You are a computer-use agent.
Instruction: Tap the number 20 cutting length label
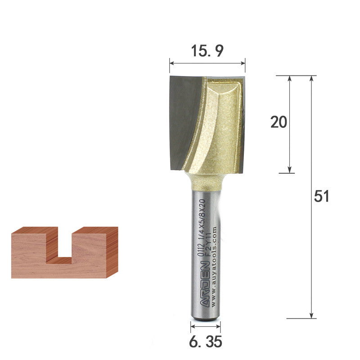coord(279,122)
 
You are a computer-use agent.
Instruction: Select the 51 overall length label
coord(322,196)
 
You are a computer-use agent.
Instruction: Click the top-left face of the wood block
coord(31,230)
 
